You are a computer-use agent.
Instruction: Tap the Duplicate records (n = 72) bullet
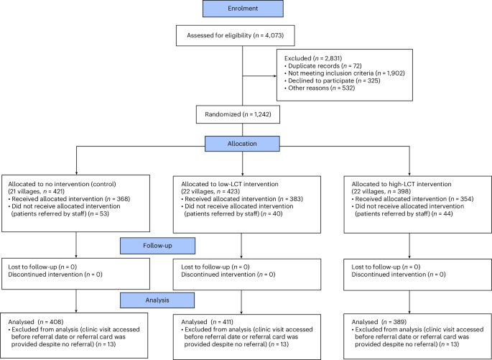click(x=325, y=66)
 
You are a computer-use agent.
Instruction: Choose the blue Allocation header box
click(x=246, y=144)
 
